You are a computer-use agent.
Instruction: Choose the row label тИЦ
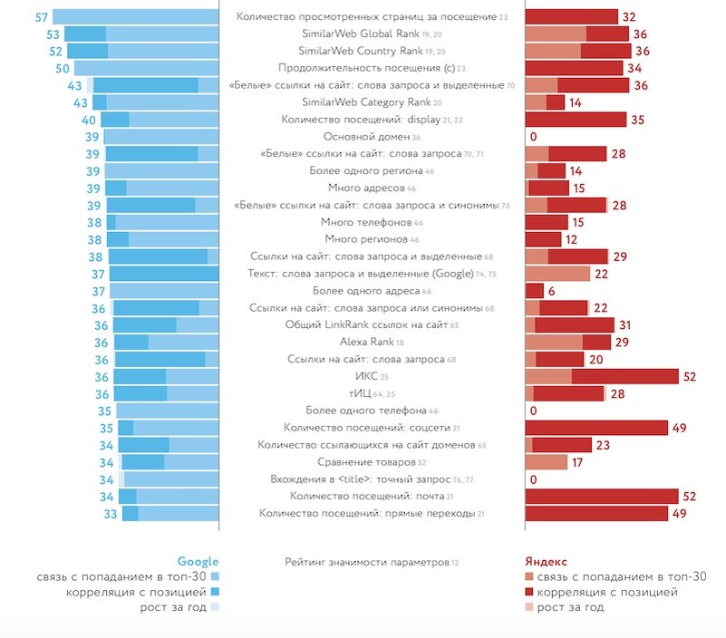pos(359,393)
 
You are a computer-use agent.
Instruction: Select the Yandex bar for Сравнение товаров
pos(547,462)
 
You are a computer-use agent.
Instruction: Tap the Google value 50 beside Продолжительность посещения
pos(63,68)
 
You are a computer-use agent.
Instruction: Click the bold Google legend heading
pos(198,561)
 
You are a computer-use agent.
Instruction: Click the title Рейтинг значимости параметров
pos(366,562)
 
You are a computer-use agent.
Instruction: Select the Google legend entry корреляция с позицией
pos(137,592)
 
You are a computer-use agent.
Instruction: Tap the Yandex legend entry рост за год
pos(570,607)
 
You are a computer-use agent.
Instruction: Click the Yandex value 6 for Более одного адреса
pos(552,291)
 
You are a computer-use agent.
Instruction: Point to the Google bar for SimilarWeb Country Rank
pos(142,51)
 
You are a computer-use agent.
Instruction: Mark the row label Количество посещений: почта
pos(366,496)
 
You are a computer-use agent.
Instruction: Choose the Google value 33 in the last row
pos(111,514)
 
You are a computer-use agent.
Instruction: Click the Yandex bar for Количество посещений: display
pos(576,119)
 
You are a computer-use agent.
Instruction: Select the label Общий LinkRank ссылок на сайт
pos(366,324)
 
